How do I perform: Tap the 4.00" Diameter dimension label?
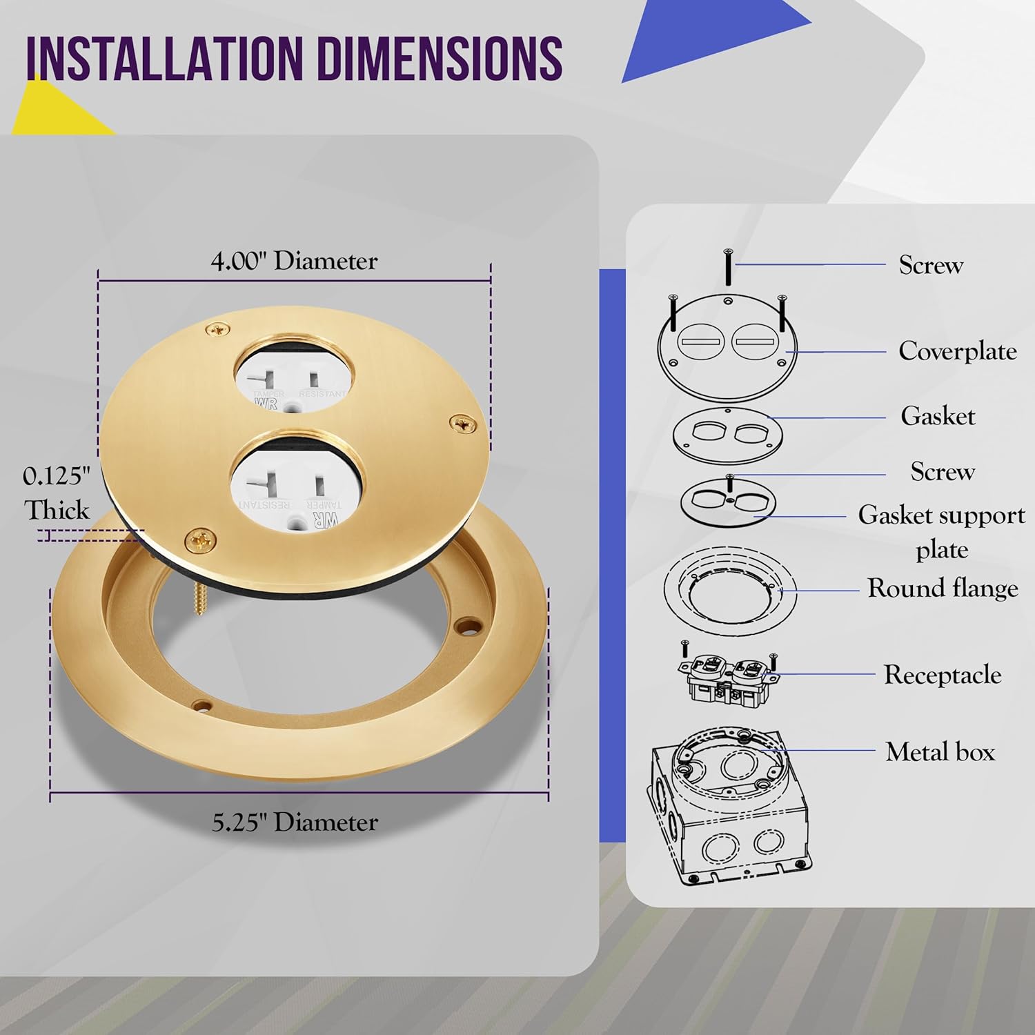[x=294, y=261]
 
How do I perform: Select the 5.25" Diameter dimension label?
[x=295, y=822]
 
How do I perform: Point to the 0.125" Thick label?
[x=57, y=493]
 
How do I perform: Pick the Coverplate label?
[x=958, y=351]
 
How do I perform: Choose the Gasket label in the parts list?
[x=938, y=416]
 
